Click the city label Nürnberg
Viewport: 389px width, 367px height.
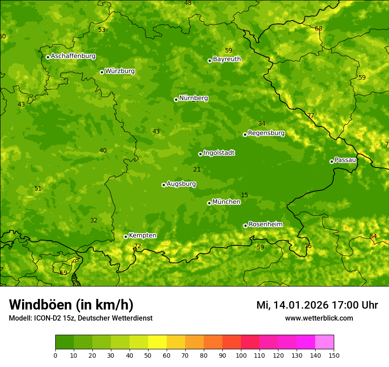[x=193, y=98]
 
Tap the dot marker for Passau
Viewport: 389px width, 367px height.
[x=332, y=161]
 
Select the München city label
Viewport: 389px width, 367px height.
[x=226, y=202]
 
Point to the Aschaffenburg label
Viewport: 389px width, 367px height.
[x=73, y=56]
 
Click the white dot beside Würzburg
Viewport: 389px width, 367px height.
[x=102, y=72]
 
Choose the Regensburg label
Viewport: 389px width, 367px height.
[x=266, y=133]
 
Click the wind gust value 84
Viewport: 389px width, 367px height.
[x=373, y=236]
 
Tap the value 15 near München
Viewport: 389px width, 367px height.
[x=244, y=195]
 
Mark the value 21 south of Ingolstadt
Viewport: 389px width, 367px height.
[x=197, y=169]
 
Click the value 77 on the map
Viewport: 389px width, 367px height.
[x=311, y=115]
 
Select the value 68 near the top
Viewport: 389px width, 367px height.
[x=319, y=28]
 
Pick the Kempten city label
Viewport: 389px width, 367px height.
[x=142, y=236]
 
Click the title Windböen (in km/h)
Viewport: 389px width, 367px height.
[x=71, y=305]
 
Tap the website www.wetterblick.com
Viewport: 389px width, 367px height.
[x=319, y=318]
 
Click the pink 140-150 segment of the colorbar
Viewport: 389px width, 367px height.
[x=324, y=342]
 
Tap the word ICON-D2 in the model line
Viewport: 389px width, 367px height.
[x=46, y=318]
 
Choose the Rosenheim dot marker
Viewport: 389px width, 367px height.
[x=245, y=226]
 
